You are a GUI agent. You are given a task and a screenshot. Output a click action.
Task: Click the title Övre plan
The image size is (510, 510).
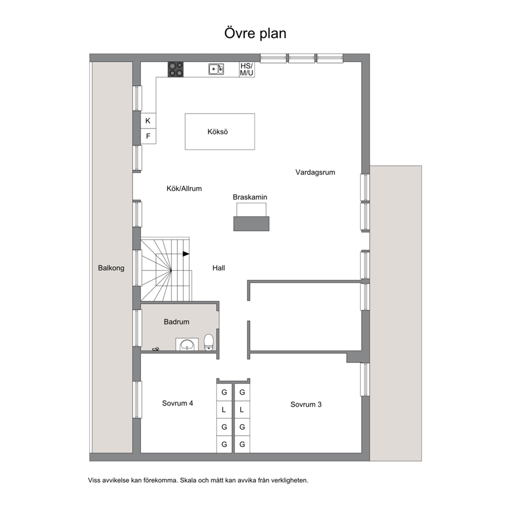pos(256,33)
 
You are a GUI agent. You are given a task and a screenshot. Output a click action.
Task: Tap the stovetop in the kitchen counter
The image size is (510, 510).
pos(176,69)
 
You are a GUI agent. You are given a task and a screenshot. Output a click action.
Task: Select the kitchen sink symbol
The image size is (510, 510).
pos(216,69)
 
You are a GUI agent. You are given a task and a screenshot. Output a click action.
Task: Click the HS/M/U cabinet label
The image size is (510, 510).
pos(247,69)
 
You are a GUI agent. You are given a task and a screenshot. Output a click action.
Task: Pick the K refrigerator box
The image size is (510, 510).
pos(148,121)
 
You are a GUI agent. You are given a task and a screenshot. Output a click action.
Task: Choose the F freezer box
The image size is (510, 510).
pos(148,136)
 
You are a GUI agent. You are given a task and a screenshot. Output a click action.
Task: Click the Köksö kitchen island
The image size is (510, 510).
pos(220,132)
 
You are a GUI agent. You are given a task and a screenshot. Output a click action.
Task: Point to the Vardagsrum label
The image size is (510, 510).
pos(315,172)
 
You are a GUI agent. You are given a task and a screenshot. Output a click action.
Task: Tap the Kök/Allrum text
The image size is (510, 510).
pos(184,189)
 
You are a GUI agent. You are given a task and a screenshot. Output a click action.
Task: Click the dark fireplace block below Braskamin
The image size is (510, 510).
pos(251,224)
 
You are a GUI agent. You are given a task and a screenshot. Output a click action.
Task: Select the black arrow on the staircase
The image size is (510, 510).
pos(186,254)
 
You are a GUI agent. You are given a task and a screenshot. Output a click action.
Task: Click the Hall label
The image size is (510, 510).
pos(218,268)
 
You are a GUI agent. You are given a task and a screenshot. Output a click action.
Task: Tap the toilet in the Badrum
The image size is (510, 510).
pos(209,342)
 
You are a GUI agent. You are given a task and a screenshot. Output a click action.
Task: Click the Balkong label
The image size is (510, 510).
pos(111,268)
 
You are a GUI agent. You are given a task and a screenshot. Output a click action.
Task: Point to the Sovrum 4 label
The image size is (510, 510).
pos(177,403)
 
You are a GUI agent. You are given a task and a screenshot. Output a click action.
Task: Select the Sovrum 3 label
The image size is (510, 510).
pos(306,405)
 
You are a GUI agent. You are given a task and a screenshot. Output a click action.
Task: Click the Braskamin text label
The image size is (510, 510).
pos(250,197)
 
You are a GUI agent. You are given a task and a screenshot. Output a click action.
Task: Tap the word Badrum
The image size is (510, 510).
pos(176,322)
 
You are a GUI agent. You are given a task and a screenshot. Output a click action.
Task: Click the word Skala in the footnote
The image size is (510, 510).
pos(188,480)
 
